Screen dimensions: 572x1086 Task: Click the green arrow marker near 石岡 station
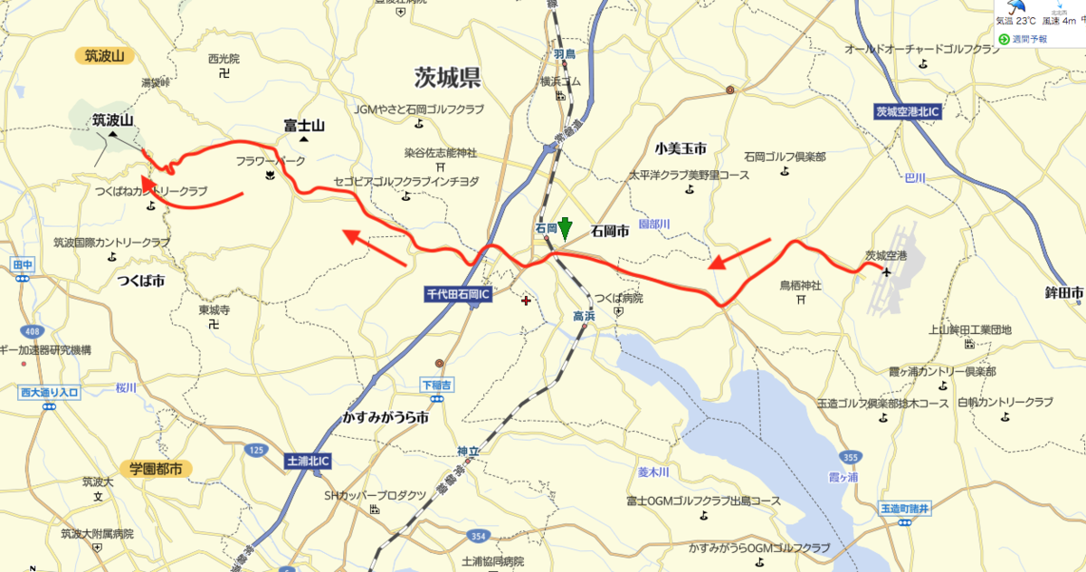click(565, 228)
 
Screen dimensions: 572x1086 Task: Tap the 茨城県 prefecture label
click(447, 77)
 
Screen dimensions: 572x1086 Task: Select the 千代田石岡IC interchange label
click(459, 294)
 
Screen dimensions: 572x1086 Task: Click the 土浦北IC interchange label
click(308, 461)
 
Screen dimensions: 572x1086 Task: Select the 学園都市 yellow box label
click(155, 469)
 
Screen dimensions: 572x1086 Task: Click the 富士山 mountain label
click(304, 125)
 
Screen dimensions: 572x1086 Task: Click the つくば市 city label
click(140, 281)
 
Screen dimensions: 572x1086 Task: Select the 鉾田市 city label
click(1064, 293)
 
